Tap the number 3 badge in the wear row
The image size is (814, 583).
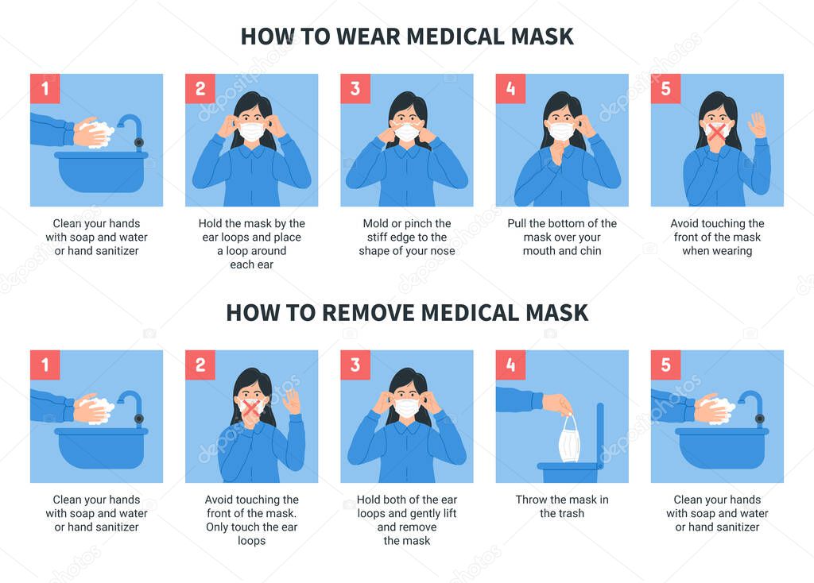click(x=355, y=89)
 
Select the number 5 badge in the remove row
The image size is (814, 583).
click(x=665, y=365)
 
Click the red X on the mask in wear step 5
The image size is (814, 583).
click(x=717, y=132)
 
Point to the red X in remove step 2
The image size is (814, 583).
click(x=251, y=408)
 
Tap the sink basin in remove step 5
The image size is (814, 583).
click(x=719, y=447)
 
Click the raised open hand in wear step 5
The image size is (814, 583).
click(x=757, y=125)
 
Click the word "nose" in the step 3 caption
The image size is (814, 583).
click(x=440, y=251)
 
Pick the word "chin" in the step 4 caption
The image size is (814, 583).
click(x=589, y=251)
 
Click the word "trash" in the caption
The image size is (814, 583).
click(x=569, y=513)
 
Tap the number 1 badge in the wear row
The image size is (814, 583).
click(x=45, y=89)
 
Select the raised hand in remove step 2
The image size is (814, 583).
click(x=291, y=400)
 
